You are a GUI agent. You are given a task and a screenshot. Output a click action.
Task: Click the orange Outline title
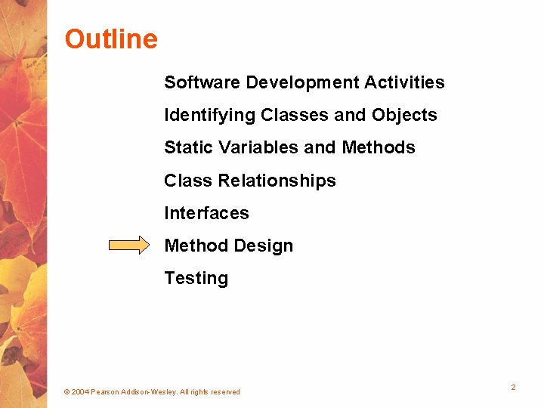pyautogui.click(x=111, y=39)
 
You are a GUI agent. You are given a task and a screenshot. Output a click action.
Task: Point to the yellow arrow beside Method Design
pyautogui.click(x=129, y=245)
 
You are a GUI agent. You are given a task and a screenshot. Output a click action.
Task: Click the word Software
pyautogui.click(x=202, y=82)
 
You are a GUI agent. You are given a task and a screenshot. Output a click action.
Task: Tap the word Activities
pyautogui.click(x=404, y=82)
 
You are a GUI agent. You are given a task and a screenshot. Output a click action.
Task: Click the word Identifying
pyautogui.click(x=209, y=116)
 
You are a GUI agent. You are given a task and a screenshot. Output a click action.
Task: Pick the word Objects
pyautogui.click(x=404, y=116)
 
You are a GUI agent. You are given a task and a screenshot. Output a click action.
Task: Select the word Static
pyautogui.click(x=188, y=147)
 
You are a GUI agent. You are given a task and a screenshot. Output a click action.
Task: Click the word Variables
pyautogui.click(x=258, y=147)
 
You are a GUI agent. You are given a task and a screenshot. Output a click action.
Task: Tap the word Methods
pyautogui.click(x=379, y=147)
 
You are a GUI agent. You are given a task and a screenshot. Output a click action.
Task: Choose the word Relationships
pyautogui.click(x=277, y=181)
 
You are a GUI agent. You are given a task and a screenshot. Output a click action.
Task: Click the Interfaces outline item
pyautogui.click(x=206, y=213)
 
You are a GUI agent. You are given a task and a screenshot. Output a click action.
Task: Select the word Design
pyautogui.click(x=264, y=246)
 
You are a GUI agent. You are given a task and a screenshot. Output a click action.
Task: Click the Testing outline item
pyautogui.click(x=196, y=279)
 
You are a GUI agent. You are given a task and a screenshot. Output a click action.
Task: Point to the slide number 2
pyautogui.click(x=513, y=387)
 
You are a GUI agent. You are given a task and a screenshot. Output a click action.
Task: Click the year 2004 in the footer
pyautogui.click(x=80, y=392)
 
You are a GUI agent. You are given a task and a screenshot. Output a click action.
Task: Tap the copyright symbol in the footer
pyautogui.click(x=67, y=392)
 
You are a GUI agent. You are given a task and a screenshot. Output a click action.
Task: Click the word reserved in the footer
pyautogui.click(x=225, y=392)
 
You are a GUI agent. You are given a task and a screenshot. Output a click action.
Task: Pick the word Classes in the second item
pyautogui.click(x=294, y=115)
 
